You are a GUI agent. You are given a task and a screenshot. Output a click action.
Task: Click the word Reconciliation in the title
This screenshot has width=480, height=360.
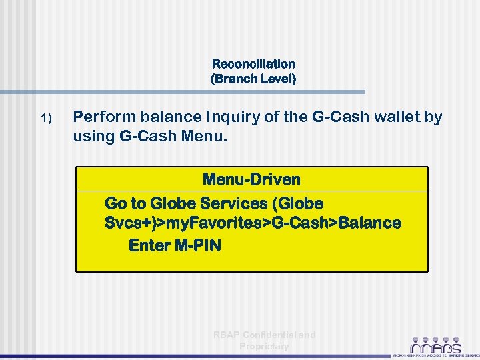coord(253,65)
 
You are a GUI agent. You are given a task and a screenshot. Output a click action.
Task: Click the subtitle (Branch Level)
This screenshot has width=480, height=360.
coord(253,79)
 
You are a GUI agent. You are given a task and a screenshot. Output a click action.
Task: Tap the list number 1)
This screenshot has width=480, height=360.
coord(45,119)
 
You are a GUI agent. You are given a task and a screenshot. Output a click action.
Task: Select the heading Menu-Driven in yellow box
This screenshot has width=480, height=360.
coord(251,179)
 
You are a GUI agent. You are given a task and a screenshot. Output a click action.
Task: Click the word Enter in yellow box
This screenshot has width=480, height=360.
coord(149,245)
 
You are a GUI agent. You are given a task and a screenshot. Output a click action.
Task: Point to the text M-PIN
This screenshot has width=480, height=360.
coord(197,245)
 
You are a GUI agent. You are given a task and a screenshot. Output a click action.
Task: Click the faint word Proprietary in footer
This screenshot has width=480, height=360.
coord(264,346)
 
